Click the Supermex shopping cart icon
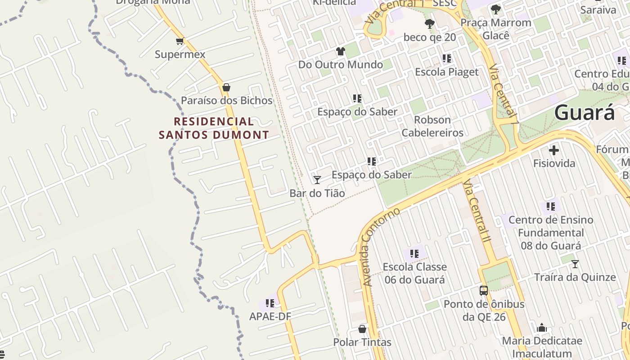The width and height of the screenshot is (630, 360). coord(180,41)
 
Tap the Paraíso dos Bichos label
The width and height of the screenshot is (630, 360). coord(227,100)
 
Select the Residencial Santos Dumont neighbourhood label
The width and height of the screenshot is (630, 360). coord(214,128)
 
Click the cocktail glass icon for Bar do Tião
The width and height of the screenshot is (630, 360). coord(317,180)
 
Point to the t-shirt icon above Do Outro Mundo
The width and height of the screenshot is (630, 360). coord(341,52)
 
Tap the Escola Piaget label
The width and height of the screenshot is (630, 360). coord(446,72)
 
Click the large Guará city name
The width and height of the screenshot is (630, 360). coord(584,112)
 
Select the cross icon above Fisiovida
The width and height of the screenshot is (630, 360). coord(554,150)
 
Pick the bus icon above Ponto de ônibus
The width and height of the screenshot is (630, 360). coord(484,291)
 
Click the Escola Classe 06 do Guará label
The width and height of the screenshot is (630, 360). coord(414,273)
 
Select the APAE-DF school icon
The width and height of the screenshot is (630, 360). coord(270,303)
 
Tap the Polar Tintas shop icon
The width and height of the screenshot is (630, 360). coord(362,329)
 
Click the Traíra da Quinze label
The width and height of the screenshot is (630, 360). coord(575,277)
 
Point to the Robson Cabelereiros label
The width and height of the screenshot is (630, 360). coord(432,126)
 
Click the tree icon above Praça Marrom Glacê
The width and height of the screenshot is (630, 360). coord(496,9)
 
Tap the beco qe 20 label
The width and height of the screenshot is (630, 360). coord(429,37)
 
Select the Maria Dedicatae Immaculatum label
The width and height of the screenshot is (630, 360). coord(542,347)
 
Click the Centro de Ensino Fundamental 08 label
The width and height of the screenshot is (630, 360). coord(551,233)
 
